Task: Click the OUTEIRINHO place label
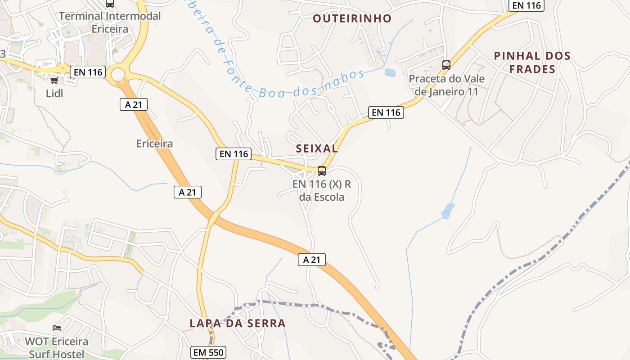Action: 352,18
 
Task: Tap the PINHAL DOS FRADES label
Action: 532,63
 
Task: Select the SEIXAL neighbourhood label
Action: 317,148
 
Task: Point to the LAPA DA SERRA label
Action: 238,323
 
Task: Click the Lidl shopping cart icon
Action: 54,80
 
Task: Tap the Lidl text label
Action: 54,94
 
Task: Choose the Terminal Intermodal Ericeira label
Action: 110,22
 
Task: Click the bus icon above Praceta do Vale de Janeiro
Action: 446,65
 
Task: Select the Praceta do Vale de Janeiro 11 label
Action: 446,85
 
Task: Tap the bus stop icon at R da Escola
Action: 322,171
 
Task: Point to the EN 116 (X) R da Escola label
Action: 321,191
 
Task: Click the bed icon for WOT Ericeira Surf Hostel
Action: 57,328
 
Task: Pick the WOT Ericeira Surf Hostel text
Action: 57,347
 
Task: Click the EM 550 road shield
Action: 208,352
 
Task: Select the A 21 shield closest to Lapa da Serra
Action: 311,260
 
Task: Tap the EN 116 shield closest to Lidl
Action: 87,72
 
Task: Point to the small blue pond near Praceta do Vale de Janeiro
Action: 390,72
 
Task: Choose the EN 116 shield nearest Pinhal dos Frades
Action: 526,5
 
